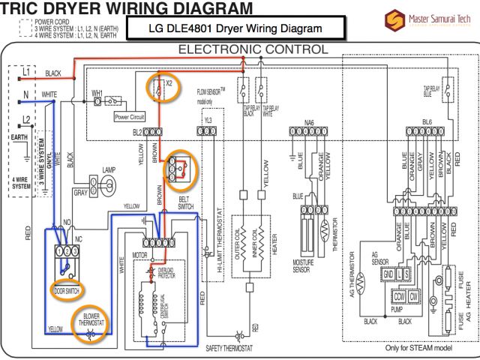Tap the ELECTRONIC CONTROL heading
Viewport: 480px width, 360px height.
pos(252,49)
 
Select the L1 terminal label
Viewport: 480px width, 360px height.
pos(25,71)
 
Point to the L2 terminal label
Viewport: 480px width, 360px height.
pos(25,120)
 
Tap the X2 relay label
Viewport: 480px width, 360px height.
pos(168,85)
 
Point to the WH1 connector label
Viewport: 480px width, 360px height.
pos(97,94)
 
